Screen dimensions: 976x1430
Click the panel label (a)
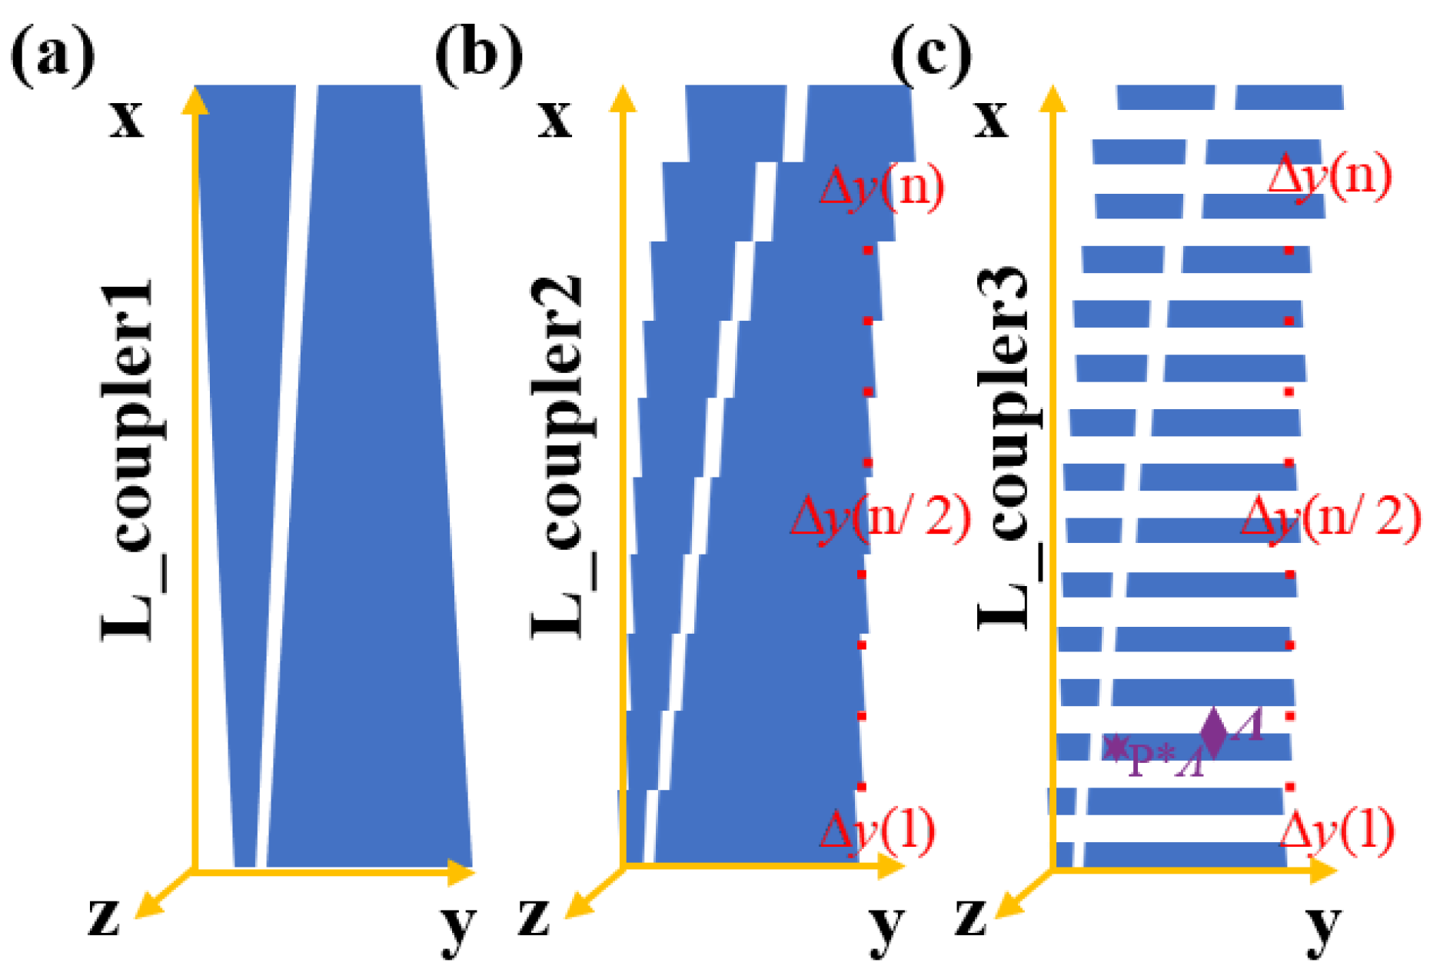(x=52, y=55)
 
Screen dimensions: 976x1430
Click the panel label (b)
(x=478, y=55)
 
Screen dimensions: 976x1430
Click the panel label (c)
(x=931, y=55)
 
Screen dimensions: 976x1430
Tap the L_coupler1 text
(x=129, y=461)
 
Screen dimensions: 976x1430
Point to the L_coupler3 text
(x=1004, y=450)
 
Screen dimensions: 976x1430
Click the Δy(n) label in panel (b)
(x=882, y=187)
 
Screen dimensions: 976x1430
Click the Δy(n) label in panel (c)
(x=1329, y=176)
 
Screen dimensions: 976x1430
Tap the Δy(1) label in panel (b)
(x=878, y=831)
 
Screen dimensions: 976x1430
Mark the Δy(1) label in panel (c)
(x=1336, y=831)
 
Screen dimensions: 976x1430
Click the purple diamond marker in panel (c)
(x=1213, y=731)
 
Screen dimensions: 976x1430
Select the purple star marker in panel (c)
(x=1116, y=747)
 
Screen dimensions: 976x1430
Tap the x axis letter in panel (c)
(x=992, y=119)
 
